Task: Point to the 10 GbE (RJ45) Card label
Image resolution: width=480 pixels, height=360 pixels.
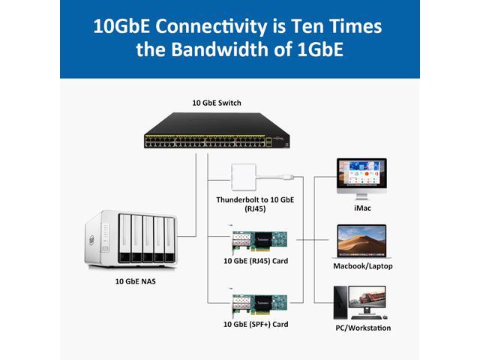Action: (x=250, y=261)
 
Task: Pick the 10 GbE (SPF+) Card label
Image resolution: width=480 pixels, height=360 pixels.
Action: (x=250, y=325)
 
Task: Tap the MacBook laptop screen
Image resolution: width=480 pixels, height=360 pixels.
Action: (x=363, y=239)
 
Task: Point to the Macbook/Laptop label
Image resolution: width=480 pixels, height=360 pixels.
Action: (x=362, y=266)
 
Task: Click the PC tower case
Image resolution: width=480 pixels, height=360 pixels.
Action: (x=341, y=301)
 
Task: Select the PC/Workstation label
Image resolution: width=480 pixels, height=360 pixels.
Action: (x=362, y=328)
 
